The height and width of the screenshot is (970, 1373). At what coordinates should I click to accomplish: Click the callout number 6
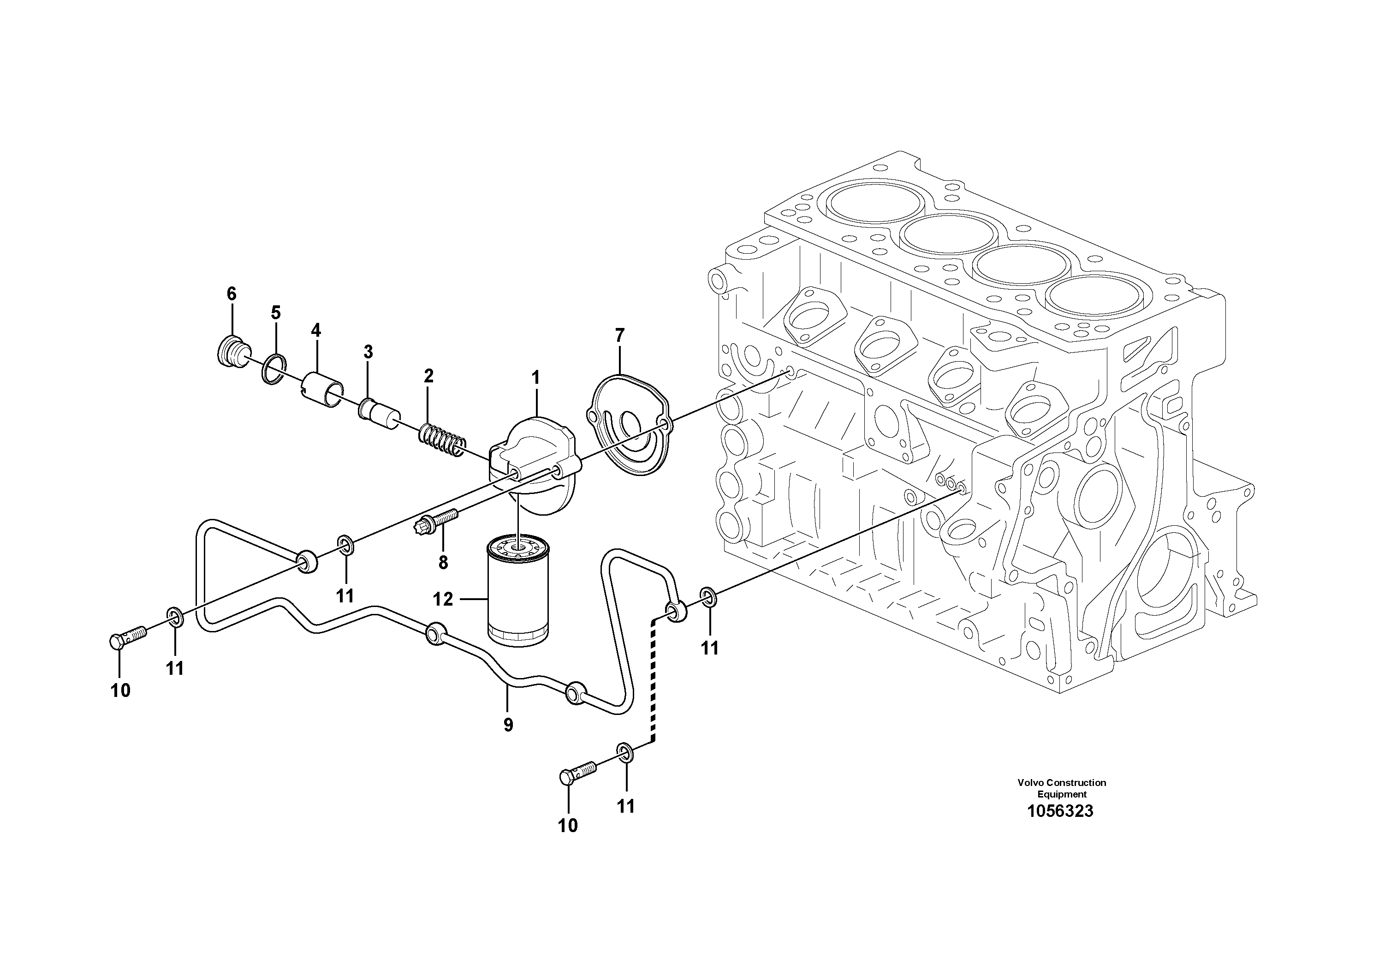click(232, 294)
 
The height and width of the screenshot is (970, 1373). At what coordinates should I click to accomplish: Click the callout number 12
click(443, 599)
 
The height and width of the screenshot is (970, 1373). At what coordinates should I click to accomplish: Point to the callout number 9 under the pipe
click(508, 726)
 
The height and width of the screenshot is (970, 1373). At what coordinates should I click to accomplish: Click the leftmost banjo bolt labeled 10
click(127, 638)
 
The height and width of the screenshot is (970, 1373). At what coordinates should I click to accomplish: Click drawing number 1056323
click(1060, 811)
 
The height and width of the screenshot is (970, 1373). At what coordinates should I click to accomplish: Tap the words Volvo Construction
click(1061, 782)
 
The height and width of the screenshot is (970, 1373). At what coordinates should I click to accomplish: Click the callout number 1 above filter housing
click(536, 378)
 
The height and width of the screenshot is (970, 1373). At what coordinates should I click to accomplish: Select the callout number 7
click(619, 335)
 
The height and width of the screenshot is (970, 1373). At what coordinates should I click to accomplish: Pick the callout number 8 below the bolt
click(443, 562)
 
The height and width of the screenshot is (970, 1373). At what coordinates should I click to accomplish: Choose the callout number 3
click(369, 352)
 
